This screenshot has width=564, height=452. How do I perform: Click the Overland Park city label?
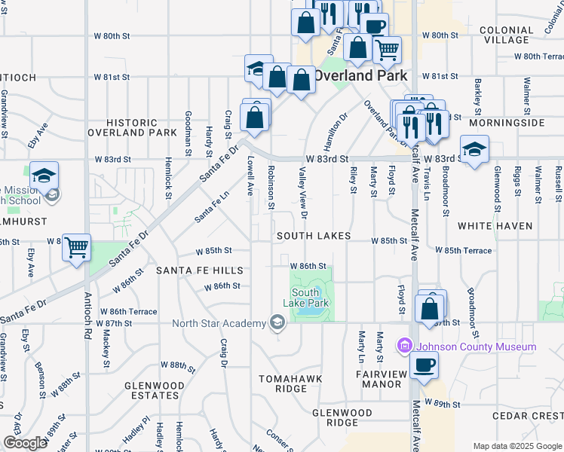click(360, 75)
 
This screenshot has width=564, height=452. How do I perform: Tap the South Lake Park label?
click(311, 298)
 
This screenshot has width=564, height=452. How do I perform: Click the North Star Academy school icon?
click(277, 323)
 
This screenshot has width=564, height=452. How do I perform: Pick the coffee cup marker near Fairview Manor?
click(424, 366)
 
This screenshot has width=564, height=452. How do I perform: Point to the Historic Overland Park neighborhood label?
click(131, 127)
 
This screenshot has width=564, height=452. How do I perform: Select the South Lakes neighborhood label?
click(313, 236)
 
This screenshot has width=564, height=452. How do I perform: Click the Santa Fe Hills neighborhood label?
click(199, 270)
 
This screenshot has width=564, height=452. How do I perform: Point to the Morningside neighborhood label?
click(506, 122)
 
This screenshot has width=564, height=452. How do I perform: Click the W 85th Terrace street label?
click(463, 250)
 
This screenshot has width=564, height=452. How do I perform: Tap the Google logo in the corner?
click(25, 443)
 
